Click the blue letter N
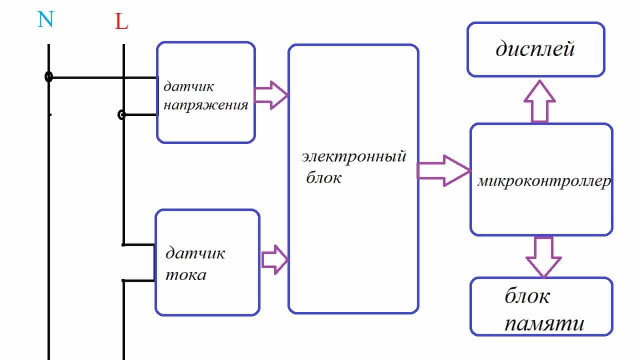[45, 19]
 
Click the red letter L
[121, 21]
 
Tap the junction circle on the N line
[48, 77]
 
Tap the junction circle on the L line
[121, 115]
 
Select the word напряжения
[206, 105]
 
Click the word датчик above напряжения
[188, 86]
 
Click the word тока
[185, 274]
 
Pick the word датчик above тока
[195, 252]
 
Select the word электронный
[353, 157]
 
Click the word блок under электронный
[323, 178]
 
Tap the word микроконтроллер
[543, 181]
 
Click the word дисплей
[534, 49]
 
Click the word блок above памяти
[527, 296]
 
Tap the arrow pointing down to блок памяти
[543, 255]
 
